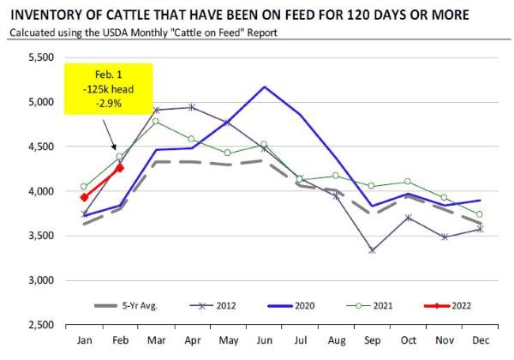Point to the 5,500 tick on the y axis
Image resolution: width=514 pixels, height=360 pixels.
pos(40,57)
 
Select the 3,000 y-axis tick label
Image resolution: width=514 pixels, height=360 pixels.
pos(40,280)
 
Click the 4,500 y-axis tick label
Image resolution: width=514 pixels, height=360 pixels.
pos(40,147)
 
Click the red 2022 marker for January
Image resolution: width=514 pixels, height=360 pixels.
pos(84,198)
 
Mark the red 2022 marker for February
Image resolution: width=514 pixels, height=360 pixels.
pos(120,168)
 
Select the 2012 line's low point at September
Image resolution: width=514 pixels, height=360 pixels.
pos(374,250)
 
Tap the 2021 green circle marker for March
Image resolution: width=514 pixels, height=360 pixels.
pos(156,121)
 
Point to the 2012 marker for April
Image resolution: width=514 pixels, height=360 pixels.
pos(191,107)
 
